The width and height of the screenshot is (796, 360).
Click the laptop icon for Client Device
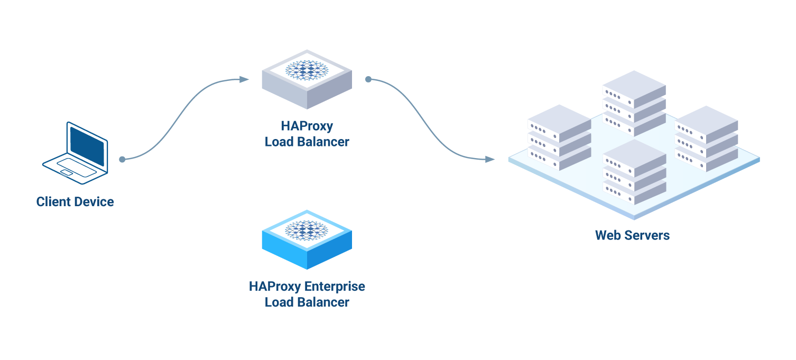76,154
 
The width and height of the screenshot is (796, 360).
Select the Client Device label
75,201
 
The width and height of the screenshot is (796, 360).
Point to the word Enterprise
335,287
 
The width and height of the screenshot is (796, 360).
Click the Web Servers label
632,235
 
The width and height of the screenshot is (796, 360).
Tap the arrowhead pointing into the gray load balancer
244,79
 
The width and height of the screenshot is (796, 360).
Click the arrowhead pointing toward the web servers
490,159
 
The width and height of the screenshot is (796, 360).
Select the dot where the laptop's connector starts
122,159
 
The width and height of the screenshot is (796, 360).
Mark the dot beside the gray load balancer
368,79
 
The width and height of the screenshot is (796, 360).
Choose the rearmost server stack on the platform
634,103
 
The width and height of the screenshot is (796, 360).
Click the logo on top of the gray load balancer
307,70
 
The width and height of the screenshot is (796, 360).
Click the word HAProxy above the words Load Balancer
307,126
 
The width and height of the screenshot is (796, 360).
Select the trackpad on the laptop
67,173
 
